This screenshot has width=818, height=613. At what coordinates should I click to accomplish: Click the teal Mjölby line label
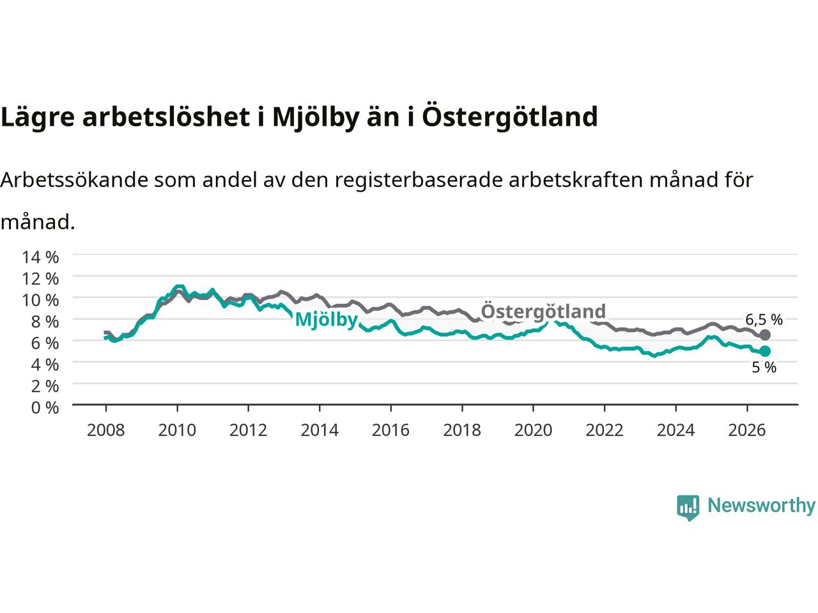click(x=326, y=320)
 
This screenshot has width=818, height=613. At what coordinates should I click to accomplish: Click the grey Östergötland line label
click(x=543, y=311)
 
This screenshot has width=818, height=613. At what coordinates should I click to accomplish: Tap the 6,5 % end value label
click(x=764, y=320)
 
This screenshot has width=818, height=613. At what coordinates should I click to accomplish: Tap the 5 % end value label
click(x=764, y=367)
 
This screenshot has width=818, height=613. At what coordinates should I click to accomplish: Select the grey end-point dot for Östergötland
click(x=765, y=335)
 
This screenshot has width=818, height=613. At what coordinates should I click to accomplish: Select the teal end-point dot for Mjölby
click(x=765, y=351)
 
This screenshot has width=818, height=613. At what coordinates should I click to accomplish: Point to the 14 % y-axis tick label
click(x=40, y=257)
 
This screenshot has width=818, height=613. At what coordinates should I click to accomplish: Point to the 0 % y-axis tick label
click(x=45, y=408)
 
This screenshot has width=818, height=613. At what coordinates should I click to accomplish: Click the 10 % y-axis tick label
click(x=40, y=300)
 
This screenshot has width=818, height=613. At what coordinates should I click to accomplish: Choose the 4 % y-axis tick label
click(x=45, y=365)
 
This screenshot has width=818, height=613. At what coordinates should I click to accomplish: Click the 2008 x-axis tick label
click(x=106, y=430)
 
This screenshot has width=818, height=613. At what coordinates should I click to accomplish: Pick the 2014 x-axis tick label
click(x=320, y=430)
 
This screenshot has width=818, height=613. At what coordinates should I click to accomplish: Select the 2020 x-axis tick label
click(x=533, y=430)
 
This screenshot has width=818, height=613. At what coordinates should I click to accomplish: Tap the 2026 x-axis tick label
click(x=746, y=430)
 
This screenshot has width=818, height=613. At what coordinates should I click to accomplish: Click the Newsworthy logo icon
click(x=688, y=508)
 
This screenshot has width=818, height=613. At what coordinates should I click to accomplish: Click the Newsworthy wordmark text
click(x=761, y=506)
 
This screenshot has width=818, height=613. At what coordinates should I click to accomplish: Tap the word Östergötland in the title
click(x=510, y=116)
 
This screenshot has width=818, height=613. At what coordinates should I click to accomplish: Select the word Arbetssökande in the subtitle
click(x=74, y=179)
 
